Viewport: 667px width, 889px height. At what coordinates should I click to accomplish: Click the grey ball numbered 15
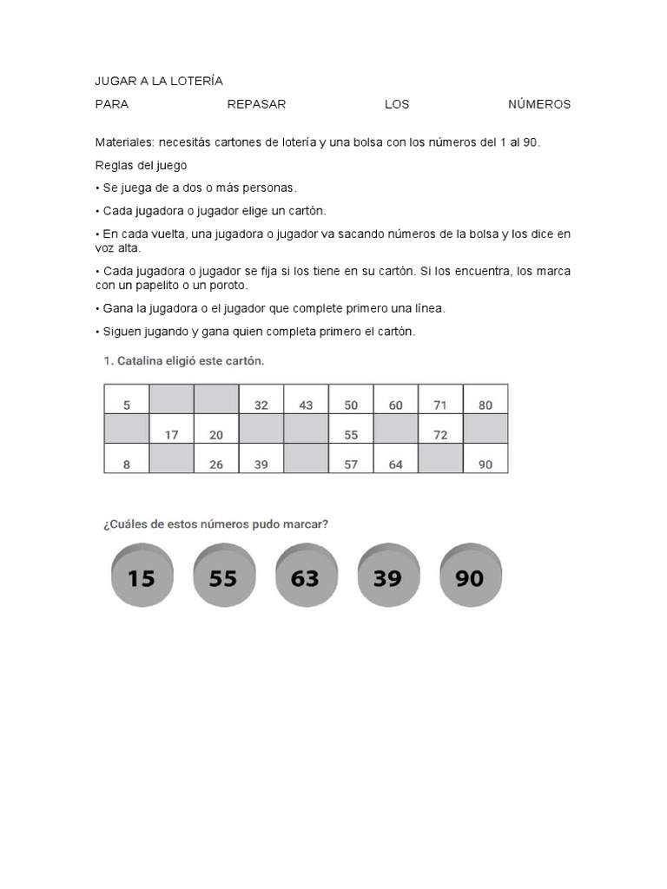[142, 576]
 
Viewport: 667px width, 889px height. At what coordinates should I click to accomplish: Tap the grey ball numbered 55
[223, 576]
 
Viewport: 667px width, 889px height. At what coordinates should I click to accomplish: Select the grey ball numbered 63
[305, 576]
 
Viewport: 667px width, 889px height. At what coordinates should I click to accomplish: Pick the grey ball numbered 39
[387, 576]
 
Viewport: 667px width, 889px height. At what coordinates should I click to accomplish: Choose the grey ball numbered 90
[469, 576]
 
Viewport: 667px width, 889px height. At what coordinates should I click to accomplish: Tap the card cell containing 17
[172, 435]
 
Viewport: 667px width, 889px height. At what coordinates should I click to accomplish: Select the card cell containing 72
[440, 435]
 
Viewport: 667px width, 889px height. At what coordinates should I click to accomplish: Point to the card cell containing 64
[396, 464]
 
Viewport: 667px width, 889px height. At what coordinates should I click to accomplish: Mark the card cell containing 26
[216, 464]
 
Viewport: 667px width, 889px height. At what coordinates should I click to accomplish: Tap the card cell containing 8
[127, 464]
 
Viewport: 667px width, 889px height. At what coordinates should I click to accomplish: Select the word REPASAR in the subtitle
[256, 104]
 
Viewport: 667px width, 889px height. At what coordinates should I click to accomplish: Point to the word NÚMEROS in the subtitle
[539, 104]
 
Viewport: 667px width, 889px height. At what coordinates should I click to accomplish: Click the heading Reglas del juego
[141, 165]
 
